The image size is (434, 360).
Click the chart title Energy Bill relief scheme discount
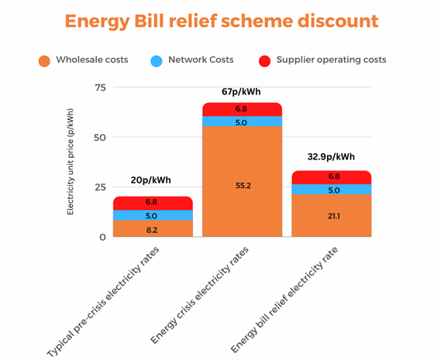222,21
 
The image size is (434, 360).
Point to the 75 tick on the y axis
98,87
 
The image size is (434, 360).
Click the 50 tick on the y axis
98,137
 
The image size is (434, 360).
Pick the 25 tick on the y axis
98,187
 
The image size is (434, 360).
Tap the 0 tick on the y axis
102,236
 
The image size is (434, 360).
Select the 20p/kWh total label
151,180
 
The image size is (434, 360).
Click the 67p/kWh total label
243,91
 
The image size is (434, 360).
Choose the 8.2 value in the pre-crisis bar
152,229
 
